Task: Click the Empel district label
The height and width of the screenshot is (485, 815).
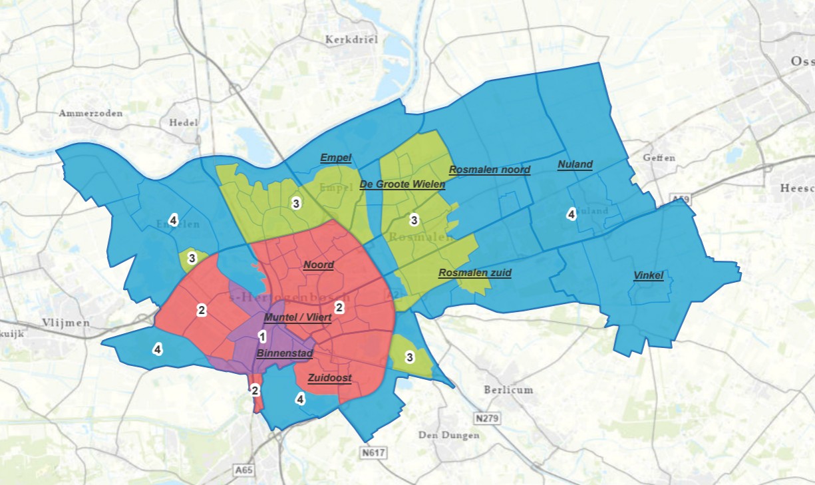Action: (x=335, y=158)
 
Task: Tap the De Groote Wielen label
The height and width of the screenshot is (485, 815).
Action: (x=402, y=184)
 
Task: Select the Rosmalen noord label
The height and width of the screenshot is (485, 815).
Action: (x=489, y=170)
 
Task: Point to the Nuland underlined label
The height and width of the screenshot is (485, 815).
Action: (x=575, y=164)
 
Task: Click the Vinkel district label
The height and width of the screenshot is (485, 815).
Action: (x=648, y=275)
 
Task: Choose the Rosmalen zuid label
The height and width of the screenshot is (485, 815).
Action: (x=474, y=273)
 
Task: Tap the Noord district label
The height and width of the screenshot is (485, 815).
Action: (x=318, y=265)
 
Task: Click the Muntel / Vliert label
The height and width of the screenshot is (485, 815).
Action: (x=297, y=317)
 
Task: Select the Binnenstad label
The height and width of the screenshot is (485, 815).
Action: (x=284, y=353)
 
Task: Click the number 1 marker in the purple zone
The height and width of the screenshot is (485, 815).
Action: (x=262, y=337)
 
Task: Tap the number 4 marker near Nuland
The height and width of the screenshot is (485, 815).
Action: (x=570, y=214)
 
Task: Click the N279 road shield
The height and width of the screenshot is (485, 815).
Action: (x=488, y=418)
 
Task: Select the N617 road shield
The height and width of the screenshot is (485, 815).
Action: (x=374, y=452)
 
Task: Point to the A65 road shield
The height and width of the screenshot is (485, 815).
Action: (x=244, y=470)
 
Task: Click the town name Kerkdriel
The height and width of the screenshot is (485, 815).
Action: (x=351, y=40)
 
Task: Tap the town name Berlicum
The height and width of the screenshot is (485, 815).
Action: (x=508, y=390)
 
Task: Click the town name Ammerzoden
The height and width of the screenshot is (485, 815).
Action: (x=90, y=113)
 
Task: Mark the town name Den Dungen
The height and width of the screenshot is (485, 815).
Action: (x=448, y=435)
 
